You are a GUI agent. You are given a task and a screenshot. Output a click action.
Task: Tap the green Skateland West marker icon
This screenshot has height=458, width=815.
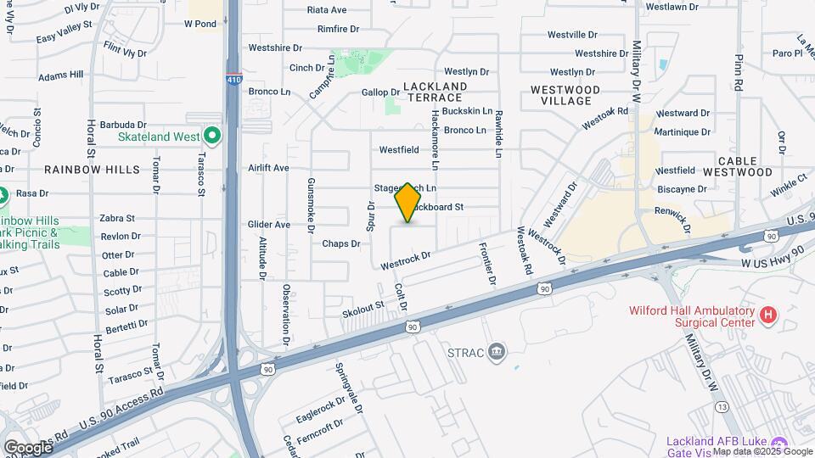click(x=211, y=136)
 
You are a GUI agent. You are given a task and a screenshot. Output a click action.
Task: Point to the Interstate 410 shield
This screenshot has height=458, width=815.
click(x=233, y=81)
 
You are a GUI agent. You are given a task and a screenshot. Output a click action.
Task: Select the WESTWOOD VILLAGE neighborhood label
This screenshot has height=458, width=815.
click(x=565, y=95)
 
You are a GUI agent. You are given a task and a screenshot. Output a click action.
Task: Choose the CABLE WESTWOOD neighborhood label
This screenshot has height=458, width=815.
click(x=745, y=166)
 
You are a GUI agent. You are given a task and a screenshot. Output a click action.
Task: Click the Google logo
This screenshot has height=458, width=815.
click(x=28, y=447)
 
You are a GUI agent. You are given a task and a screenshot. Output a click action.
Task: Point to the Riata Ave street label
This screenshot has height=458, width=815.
click(x=327, y=10)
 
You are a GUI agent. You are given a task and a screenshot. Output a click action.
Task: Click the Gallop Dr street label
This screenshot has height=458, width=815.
click(x=380, y=92)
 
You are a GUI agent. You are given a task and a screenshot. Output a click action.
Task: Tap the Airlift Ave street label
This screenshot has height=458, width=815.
click(x=269, y=168)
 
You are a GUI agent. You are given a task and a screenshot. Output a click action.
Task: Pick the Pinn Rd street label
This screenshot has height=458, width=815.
click(x=739, y=74)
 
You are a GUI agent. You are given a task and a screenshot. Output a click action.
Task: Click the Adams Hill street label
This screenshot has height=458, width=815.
click(x=61, y=75)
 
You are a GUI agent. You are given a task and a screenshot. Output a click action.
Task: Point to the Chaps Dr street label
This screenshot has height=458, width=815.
click(x=341, y=243)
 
